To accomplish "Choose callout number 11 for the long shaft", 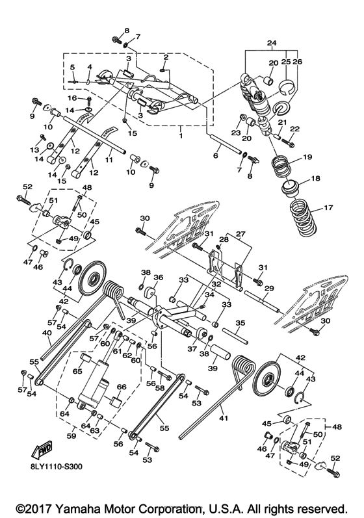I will click(110, 159).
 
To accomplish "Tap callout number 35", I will click(239, 322).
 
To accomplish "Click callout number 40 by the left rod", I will click(47, 333).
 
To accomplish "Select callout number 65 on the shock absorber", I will click(77, 372).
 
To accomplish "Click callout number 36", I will click(157, 277).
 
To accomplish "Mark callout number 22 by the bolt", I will click(294, 129).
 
